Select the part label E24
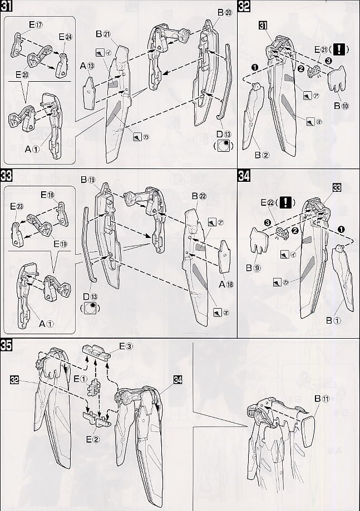coord(65,38)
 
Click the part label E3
coord(126,346)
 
